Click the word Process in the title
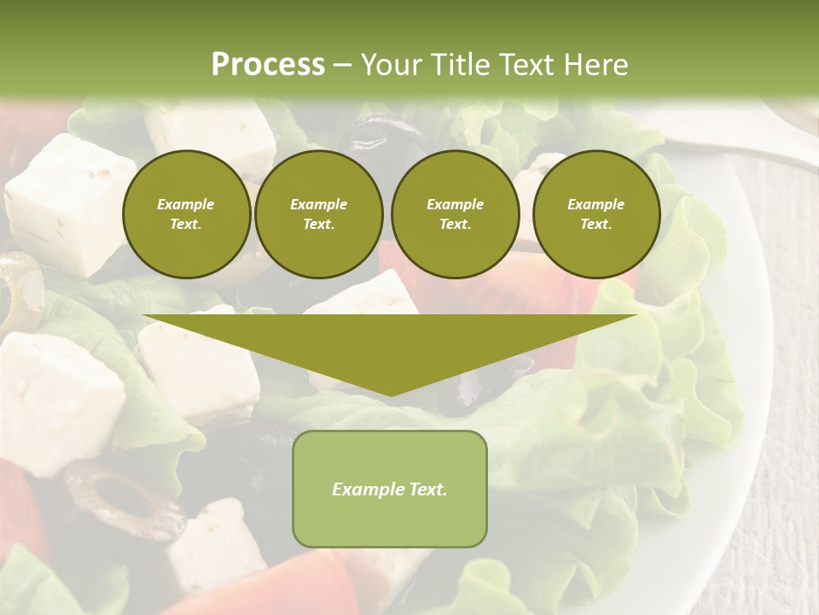click(268, 64)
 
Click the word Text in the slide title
click(529, 65)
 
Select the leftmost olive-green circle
click(186, 214)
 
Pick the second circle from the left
click(318, 214)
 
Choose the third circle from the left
click(455, 214)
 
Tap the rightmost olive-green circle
click(595, 214)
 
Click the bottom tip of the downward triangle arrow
click(391, 394)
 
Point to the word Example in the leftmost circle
click(186, 204)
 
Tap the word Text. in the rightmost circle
click(595, 225)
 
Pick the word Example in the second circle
click(318, 204)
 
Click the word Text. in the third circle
click(455, 225)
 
